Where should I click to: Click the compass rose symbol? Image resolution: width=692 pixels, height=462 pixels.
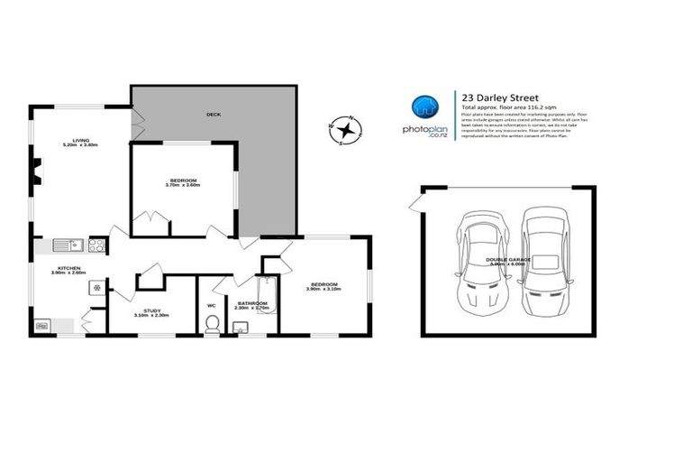pos(344,131)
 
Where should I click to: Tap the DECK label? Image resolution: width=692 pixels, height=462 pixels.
pos(213,115)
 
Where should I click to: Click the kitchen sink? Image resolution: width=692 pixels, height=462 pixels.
pos(66,244)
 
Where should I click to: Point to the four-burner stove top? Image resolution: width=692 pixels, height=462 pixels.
pos(96,244)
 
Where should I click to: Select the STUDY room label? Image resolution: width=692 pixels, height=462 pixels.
pos(150,312)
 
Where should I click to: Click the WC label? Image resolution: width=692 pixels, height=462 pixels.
pos(212,305)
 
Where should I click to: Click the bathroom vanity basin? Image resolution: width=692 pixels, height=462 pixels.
pos(241,328)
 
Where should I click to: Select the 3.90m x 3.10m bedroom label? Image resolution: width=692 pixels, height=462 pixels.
pos(324,286)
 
